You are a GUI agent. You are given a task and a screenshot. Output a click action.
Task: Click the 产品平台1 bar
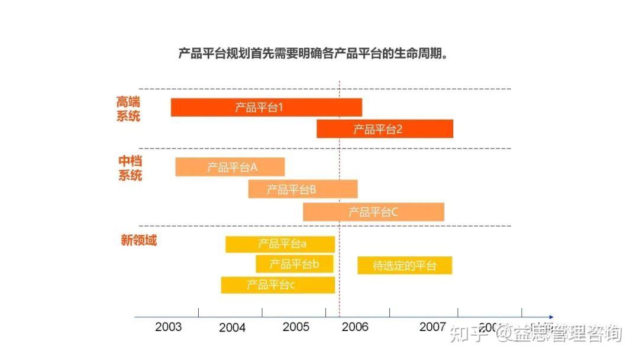266,107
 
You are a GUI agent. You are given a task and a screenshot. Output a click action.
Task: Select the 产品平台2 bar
385,128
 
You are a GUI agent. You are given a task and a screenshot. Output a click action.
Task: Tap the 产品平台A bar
230,167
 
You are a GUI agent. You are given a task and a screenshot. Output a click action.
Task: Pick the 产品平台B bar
302,189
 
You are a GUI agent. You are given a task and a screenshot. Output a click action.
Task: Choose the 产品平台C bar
373,212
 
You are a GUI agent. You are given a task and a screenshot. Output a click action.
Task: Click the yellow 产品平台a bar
280,244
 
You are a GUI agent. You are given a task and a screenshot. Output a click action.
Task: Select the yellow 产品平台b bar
294,264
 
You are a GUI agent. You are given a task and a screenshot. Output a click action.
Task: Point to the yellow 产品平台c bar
277,285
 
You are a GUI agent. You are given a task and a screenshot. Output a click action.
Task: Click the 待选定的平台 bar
405,265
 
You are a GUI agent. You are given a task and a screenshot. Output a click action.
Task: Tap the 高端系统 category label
128,109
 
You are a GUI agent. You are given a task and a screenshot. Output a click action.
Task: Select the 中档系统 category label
130,168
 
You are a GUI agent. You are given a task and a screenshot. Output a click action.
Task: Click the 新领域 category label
138,240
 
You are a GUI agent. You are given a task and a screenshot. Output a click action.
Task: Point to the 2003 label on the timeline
169,327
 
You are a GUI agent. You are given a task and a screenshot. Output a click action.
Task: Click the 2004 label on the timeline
232,327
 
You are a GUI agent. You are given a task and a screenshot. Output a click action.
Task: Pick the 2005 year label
296,327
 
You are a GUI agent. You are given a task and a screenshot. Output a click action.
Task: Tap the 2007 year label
433,327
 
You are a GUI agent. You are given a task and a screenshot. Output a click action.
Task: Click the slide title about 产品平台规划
312,54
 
